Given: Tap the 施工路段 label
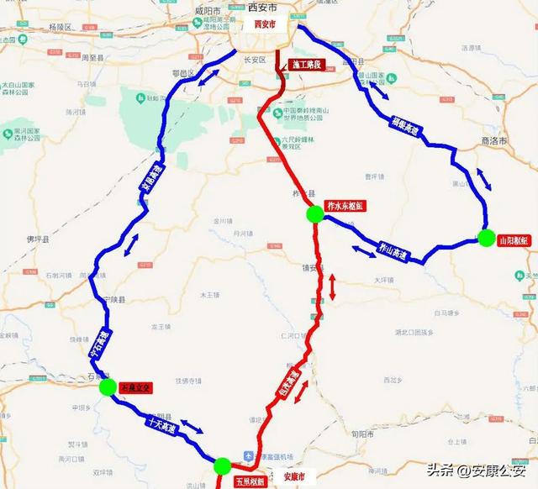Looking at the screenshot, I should (x=307, y=64).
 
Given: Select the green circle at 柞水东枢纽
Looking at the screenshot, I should (x=315, y=214).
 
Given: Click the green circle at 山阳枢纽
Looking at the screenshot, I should (x=486, y=238).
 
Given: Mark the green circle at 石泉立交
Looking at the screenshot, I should (x=108, y=387).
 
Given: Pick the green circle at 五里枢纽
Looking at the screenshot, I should (x=222, y=465).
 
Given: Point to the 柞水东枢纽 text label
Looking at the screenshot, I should (x=345, y=206).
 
